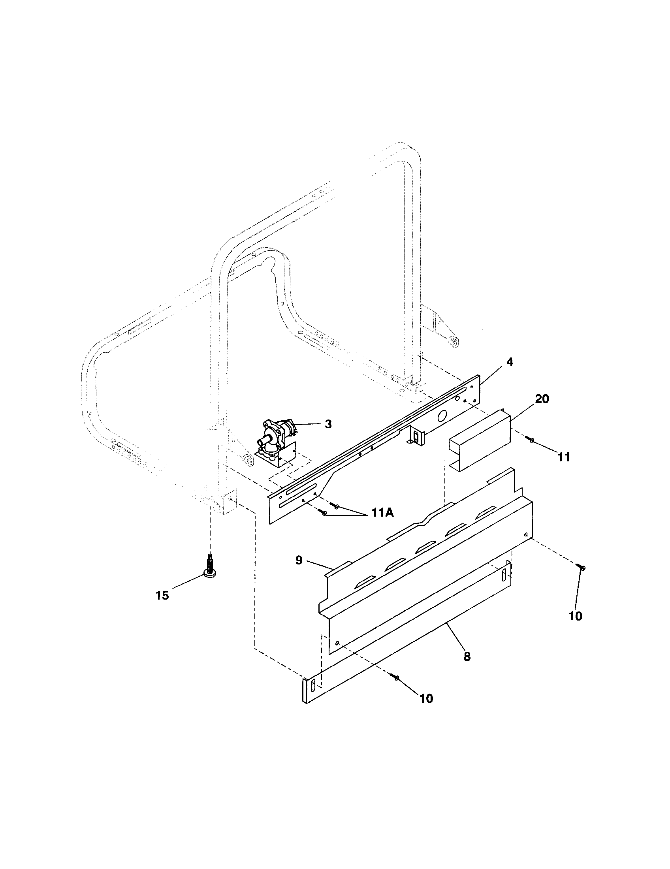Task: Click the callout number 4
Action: (510, 363)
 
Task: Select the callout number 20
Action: (542, 399)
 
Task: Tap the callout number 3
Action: (328, 424)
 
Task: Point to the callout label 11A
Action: (383, 513)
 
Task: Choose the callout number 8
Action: (467, 656)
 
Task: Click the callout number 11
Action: (563, 457)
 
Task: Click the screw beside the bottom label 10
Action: (395, 677)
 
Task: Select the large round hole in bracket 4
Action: (442, 417)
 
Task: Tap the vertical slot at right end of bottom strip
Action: (504, 574)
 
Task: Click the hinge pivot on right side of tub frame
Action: (452, 341)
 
